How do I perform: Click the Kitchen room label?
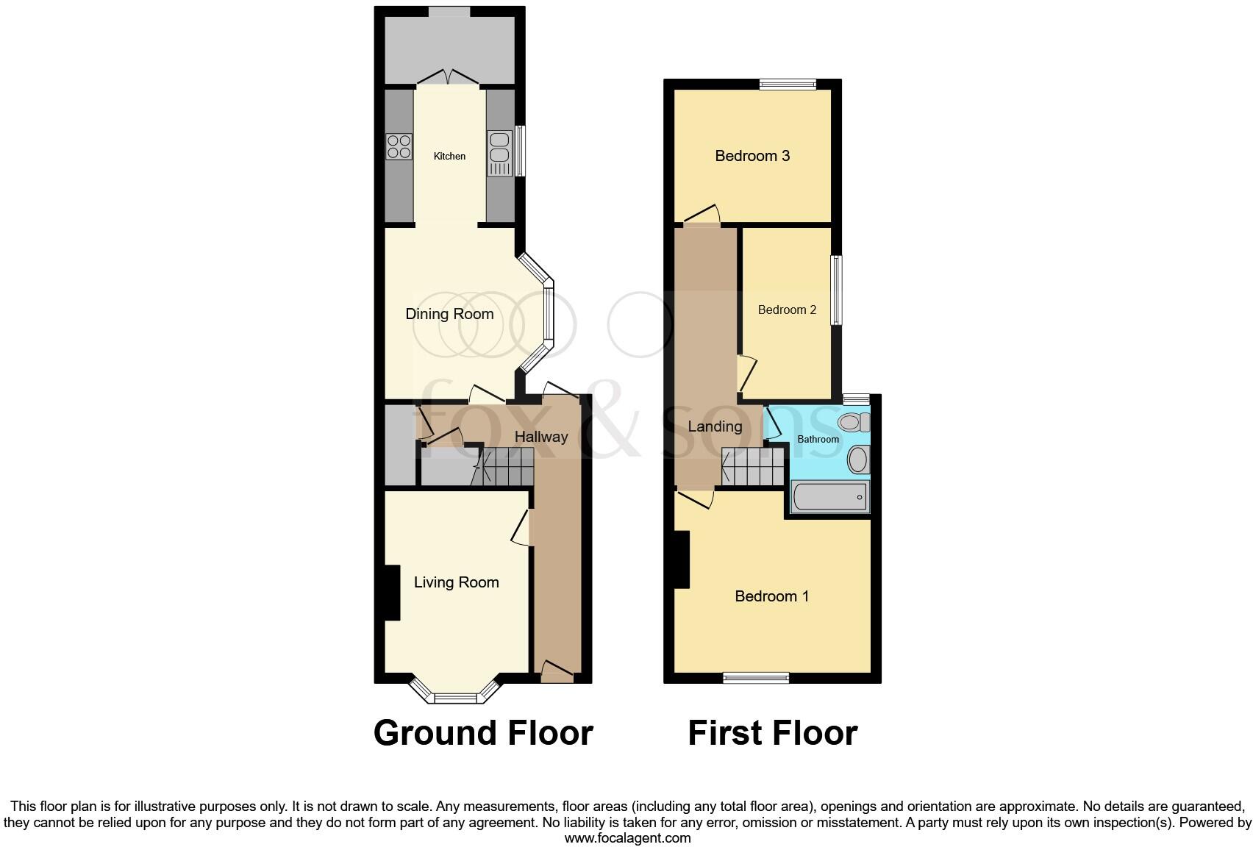click(449, 156)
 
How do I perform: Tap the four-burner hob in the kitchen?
click(399, 146)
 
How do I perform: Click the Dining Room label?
click(449, 314)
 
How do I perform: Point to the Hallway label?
click(540, 437)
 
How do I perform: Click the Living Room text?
click(456, 582)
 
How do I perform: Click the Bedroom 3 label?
click(752, 156)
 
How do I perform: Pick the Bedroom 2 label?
click(787, 310)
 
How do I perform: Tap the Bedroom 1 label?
click(771, 596)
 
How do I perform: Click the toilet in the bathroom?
click(854, 422)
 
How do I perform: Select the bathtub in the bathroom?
click(829, 497)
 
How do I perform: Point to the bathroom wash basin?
click(857, 460)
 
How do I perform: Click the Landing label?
click(715, 426)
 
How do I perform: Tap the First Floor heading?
click(772, 733)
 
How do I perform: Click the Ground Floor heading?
click(483, 733)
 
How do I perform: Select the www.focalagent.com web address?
click(627, 837)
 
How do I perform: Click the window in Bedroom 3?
click(788, 85)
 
